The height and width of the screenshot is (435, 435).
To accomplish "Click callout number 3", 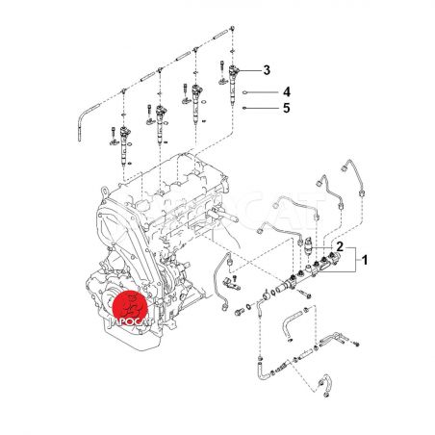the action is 267,70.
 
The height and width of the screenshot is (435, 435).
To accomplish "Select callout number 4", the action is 287,92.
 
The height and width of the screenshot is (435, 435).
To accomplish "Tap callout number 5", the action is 287,108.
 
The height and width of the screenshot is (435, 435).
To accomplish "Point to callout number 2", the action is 340,246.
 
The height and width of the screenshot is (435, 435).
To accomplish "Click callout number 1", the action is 364,260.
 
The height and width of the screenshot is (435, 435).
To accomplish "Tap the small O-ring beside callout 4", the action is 244,92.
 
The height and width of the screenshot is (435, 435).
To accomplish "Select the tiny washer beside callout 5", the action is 244,108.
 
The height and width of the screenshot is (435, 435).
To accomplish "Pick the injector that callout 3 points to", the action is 233,84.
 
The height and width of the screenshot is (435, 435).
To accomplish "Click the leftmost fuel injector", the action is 124,146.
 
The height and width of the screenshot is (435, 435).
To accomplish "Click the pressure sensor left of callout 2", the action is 308,246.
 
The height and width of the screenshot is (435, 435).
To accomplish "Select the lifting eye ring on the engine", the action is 105,192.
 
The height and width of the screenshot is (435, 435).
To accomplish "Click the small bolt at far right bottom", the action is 356,344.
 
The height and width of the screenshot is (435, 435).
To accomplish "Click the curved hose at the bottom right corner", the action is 325,385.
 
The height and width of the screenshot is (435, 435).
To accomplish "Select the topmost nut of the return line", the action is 233,29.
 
